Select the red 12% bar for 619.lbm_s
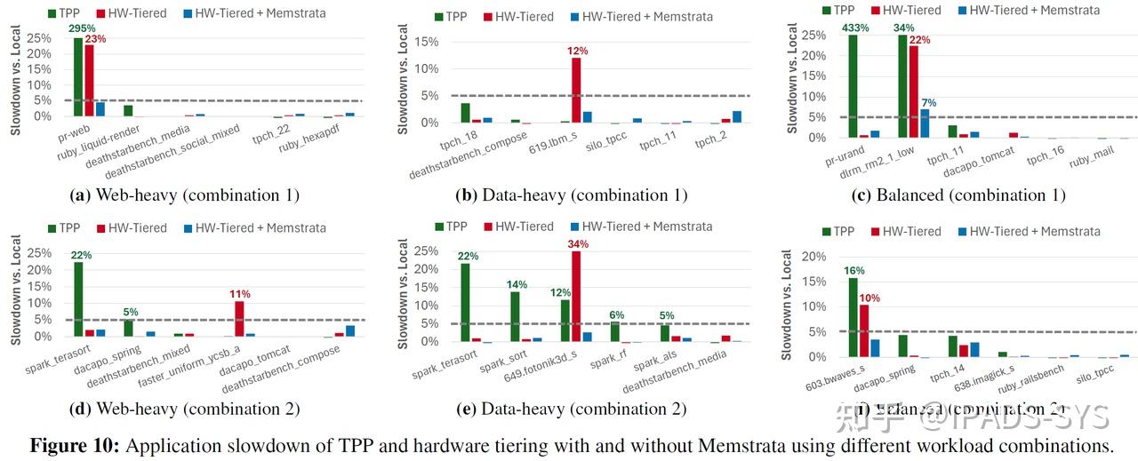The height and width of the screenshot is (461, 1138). point(576,90)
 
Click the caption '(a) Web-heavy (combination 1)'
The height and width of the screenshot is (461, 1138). point(183,195)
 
